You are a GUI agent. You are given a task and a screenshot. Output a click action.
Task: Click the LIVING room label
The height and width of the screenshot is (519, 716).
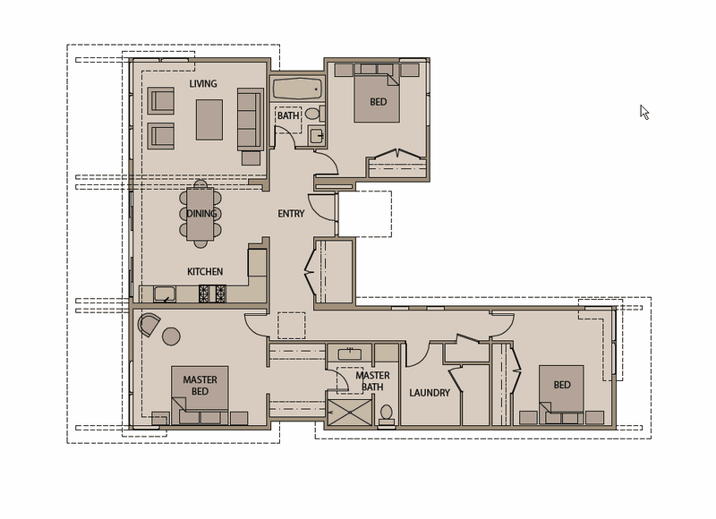tap(203, 84)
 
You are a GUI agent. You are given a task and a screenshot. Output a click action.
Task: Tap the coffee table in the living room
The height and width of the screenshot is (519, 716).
tap(209, 120)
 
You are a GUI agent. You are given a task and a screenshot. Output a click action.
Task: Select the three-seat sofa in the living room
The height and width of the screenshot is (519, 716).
tap(251, 119)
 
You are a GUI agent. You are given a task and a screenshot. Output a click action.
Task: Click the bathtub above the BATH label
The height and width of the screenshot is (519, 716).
tap(298, 89)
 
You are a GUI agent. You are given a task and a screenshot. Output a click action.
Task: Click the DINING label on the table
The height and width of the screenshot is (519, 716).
tap(201, 214)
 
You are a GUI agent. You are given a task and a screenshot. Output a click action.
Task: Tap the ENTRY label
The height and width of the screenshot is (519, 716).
tap(291, 214)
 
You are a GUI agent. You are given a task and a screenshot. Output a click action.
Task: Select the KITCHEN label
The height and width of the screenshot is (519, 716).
tap(205, 272)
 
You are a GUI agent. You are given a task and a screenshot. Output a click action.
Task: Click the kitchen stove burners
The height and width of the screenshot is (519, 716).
tap(212, 294)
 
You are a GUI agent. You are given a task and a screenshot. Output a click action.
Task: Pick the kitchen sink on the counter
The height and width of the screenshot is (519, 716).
tap(165, 294)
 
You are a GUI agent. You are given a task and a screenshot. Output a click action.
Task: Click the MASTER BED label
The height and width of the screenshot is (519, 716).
tap(200, 386)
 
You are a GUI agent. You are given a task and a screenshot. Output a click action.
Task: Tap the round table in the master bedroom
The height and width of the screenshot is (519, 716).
tap(171, 336)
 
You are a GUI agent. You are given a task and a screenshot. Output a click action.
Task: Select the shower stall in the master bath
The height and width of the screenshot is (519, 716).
tap(350, 413)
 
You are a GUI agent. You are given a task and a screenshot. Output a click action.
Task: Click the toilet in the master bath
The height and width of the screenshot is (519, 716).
tap(387, 414)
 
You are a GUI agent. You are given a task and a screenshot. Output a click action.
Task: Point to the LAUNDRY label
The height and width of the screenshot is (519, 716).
tap(430, 393)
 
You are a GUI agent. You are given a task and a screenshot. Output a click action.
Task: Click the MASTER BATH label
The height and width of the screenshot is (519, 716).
tap(372, 381)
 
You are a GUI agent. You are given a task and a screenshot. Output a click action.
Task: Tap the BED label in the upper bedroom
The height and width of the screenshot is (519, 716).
tap(378, 102)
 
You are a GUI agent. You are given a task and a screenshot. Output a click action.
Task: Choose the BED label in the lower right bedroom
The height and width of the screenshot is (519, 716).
tap(562, 386)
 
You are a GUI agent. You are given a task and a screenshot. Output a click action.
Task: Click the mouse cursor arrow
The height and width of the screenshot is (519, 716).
tap(644, 112)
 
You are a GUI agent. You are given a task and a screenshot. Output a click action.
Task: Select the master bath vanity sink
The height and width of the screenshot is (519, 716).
tap(350, 353)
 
